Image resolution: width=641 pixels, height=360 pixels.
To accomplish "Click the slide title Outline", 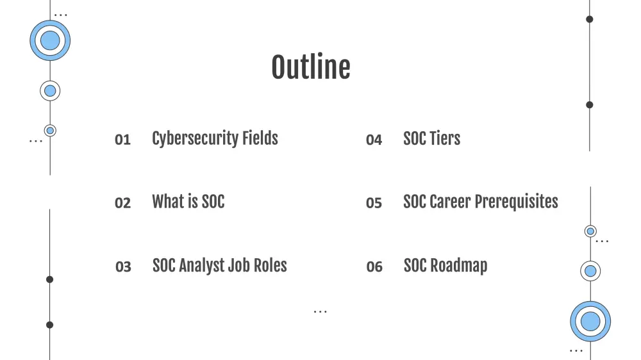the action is click(311, 67).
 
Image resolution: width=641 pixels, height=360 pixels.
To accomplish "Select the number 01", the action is click(122, 140).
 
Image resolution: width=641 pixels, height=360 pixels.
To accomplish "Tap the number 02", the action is click(122, 203).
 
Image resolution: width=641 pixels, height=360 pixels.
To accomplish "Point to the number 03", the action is click(123, 267).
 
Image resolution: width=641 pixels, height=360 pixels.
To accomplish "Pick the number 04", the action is click(374, 140).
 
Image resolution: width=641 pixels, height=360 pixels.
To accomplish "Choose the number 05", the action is click(374, 203).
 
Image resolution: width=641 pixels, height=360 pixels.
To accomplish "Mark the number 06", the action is click(374, 267).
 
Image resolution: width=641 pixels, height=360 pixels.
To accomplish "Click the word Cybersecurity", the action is click(195, 139).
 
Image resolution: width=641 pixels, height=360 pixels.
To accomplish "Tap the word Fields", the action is click(260, 138).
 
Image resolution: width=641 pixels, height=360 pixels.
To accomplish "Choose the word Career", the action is click(450, 202).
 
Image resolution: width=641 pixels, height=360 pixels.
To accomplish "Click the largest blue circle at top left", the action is click(50, 40).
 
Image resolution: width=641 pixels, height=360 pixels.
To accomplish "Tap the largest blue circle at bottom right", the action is click(590, 321).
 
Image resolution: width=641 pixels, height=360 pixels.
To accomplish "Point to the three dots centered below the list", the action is click(320, 312).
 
